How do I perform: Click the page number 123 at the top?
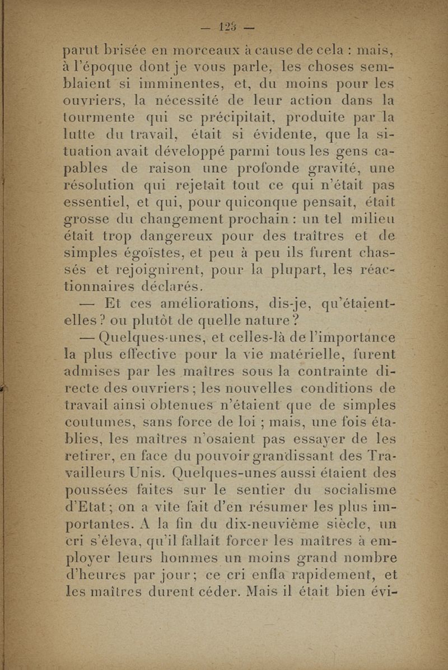click(x=227, y=27)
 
